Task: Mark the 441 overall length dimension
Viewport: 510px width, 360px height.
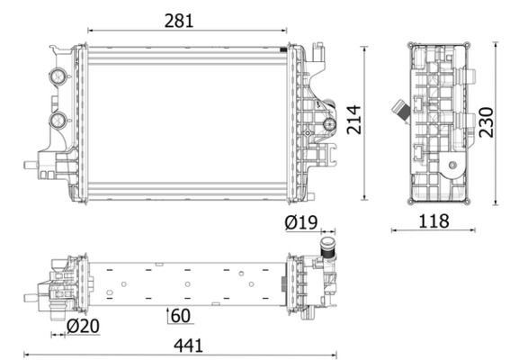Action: pos(188,344)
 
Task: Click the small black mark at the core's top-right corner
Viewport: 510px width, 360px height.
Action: pos(285,48)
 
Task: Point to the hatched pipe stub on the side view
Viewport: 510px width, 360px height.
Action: pos(398,112)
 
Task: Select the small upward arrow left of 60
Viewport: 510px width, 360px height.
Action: pos(168,315)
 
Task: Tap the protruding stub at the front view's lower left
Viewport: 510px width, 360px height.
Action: pos(31,166)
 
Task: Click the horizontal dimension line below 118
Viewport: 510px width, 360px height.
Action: pos(433,229)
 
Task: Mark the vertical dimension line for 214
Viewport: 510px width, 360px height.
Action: pos(363,122)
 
